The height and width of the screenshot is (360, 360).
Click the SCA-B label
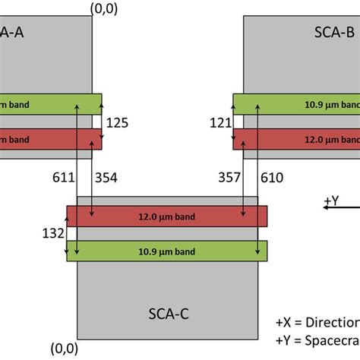[x=335, y=33]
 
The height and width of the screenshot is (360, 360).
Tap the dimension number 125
[x=119, y=122]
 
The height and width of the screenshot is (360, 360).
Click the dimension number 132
[x=52, y=233]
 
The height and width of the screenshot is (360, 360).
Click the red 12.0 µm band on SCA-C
[x=167, y=216]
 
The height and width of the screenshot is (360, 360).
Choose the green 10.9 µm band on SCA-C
[x=167, y=251]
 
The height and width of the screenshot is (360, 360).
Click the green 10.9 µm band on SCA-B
[x=296, y=103]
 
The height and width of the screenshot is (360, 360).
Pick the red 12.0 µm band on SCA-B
[x=296, y=139]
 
